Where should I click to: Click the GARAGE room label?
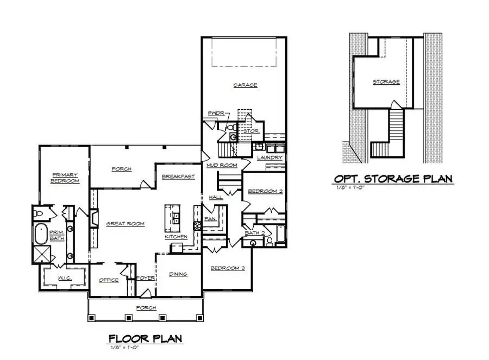click(245, 85)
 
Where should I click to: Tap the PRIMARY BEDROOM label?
click(65, 178)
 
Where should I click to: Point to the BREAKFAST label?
click(178, 176)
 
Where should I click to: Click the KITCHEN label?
click(177, 237)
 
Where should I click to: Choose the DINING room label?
click(178, 274)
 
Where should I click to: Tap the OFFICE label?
click(109, 280)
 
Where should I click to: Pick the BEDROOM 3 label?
click(225, 268)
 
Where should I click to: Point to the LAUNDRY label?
click(269, 158)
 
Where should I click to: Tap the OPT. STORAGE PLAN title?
click(393, 179)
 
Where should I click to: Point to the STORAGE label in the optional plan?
click(386, 82)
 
